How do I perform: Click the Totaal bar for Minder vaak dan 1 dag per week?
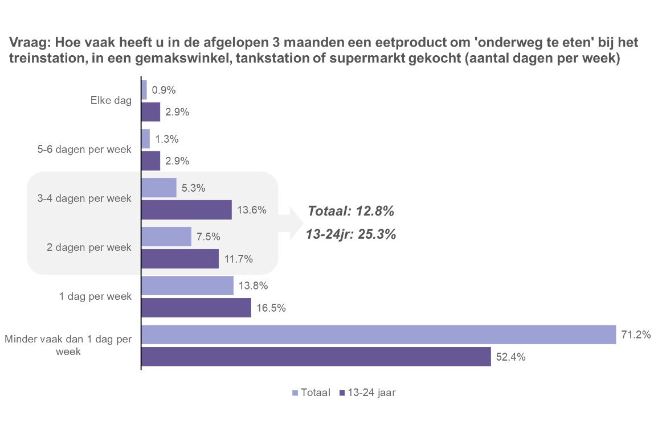pyautogui.click(x=378, y=334)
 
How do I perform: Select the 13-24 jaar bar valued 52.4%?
pyautogui.click(x=316, y=357)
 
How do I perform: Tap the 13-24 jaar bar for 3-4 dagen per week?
pyautogui.click(x=186, y=210)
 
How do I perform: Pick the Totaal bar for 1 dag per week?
pyautogui.click(x=187, y=286)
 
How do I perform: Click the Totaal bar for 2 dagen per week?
pyautogui.click(x=166, y=237)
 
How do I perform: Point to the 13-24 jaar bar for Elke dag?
pyautogui.click(x=151, y=112)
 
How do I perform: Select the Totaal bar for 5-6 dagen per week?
pyautogui.click(x=146, y=139)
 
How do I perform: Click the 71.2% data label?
pyautogui.click(x=636, y=335)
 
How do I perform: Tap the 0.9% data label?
pyautogui.click(x=164, y=90)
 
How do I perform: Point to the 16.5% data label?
pyautogui.click(x=271, y=308)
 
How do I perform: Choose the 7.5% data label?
pyautogui.click(x=208, y=237)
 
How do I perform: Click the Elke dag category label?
pyautogui.click(x=111, y=101)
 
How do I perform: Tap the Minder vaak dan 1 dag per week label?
pyautogui.click(x=68, y=345)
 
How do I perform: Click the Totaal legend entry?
pyautogui.click(x=311, y=392)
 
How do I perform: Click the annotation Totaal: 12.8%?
pyautogui.click(x=351, y=211)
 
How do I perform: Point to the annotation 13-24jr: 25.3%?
pyautogui.click(x=351, y=234)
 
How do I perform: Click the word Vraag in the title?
pyautogui.click(x=26, y=43)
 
